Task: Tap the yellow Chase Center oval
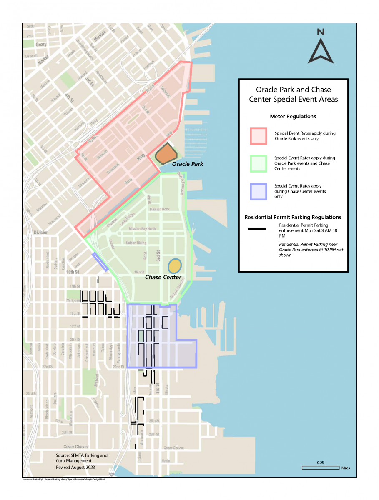tap(175, 265)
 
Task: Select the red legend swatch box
tap(258, 136)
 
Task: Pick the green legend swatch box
tap(258, 163)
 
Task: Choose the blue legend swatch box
tap(258, 191)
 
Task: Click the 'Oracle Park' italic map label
tap(188, 164)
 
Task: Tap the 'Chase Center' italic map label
tap(163, 277)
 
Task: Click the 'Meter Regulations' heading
tap(294, 117)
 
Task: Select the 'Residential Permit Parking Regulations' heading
tap(293, 217)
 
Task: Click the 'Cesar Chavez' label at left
tap(76, 447)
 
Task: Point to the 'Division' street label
tap(41, 232)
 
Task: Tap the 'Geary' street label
tap(41, 44)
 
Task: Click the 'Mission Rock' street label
tap(159, 209)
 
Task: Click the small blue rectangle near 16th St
tap(100, 262)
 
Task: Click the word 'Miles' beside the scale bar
tap(345, 468)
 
